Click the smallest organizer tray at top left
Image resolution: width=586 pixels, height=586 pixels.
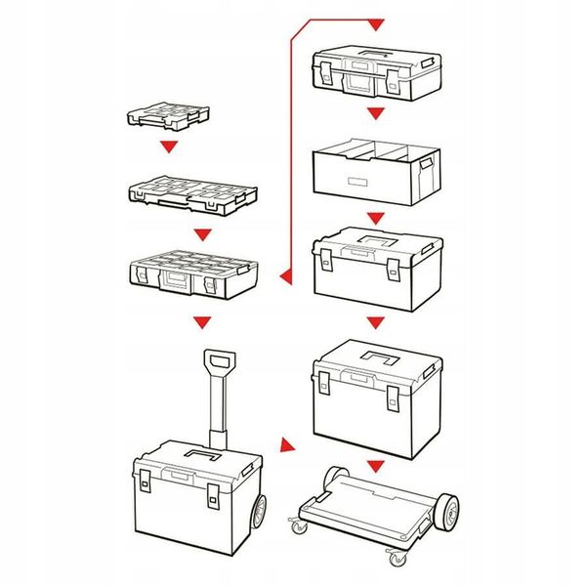167,114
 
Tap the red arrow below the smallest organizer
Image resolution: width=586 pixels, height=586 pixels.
172,148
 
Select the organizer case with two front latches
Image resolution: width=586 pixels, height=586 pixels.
194,276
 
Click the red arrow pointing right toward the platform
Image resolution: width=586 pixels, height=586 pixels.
286,447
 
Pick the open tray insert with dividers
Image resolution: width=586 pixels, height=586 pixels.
375,172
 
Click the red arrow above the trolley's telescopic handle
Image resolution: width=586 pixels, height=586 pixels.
202,321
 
